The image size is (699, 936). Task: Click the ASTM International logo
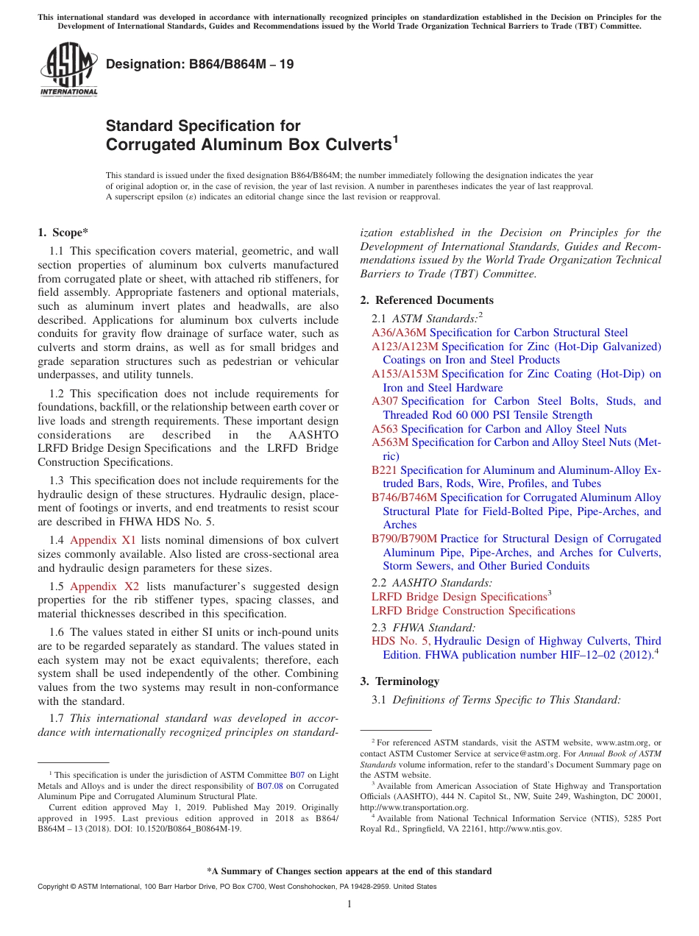coord(68,71)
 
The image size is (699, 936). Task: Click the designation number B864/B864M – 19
coord(199,64)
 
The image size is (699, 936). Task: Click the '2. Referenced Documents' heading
coord(427,300)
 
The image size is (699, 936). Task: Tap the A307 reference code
coord(384,401)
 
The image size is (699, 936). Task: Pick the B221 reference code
coord(384,470)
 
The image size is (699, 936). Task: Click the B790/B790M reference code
coord(404,539)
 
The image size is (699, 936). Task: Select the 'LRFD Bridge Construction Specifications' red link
coord(473,611)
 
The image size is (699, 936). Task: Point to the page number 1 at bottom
coord(349,904)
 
